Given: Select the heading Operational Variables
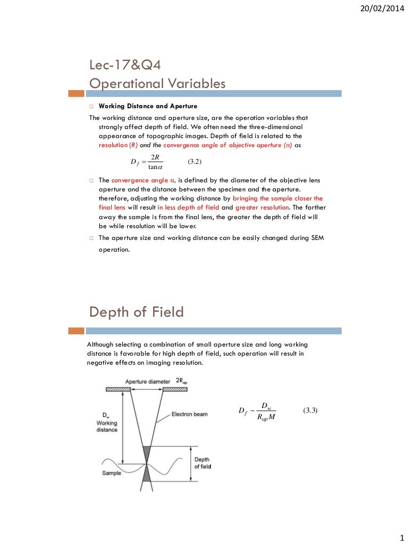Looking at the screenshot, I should (x=157, y=84).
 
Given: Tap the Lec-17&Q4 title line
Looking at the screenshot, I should (x=125, y=66).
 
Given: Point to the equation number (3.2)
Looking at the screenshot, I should (x=195, y=161).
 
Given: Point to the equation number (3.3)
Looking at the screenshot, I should (x=310, y=410).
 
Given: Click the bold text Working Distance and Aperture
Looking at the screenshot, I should (x=148, y=106).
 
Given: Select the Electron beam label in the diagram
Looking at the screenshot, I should (x=190, y=414).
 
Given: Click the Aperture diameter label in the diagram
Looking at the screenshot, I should (x=148, y=382).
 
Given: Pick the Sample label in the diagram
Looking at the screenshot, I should (x=111, y=473).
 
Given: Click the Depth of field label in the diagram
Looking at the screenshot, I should (x=202, y=463).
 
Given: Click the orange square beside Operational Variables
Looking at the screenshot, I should (x=76, y=93).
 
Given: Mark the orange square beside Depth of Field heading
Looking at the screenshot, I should (x=76, y=331).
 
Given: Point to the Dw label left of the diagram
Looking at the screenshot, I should (x=105, y=415).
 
